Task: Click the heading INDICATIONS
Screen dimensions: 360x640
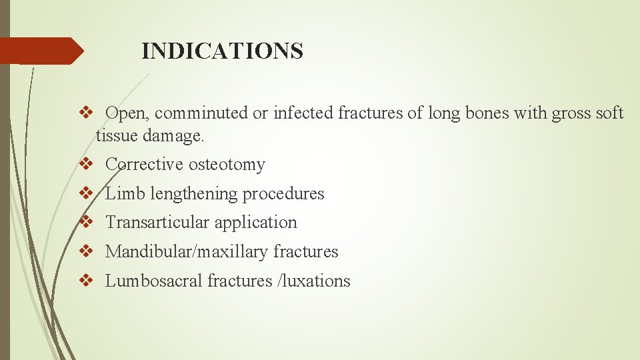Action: (223, 51)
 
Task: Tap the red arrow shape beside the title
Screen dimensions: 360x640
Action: (41, 51)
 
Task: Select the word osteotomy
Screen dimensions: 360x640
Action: (227, 164)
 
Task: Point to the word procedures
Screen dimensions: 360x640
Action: (283, 193)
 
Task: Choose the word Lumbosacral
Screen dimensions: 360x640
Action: (153, 281)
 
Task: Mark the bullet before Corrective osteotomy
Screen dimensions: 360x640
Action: (85, 164)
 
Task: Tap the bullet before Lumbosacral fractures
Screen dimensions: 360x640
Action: (85, 281)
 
